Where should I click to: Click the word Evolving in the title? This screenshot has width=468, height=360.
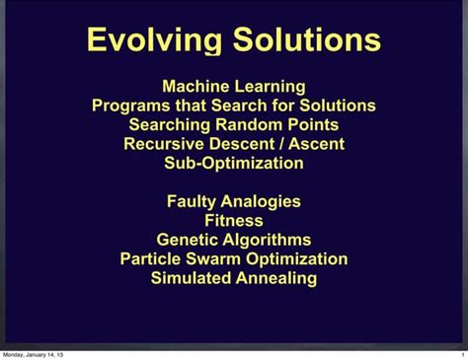pos(154,40)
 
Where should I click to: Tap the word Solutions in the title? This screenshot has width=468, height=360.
pos(305,40)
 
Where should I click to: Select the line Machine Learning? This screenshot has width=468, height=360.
pos(234,87)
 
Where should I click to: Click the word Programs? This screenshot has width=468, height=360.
pos(132,106)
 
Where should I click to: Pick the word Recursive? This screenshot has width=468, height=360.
pos(164,144)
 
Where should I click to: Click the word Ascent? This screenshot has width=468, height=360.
pos(315,144)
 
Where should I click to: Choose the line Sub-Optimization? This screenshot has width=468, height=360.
pos(234,163)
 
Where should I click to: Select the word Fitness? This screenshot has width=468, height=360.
pos(234,220)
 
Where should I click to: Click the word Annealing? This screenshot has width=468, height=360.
pos(277,278)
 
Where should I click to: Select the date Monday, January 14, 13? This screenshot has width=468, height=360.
pos(34,354)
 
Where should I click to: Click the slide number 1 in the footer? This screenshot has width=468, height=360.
pos(461,354)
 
